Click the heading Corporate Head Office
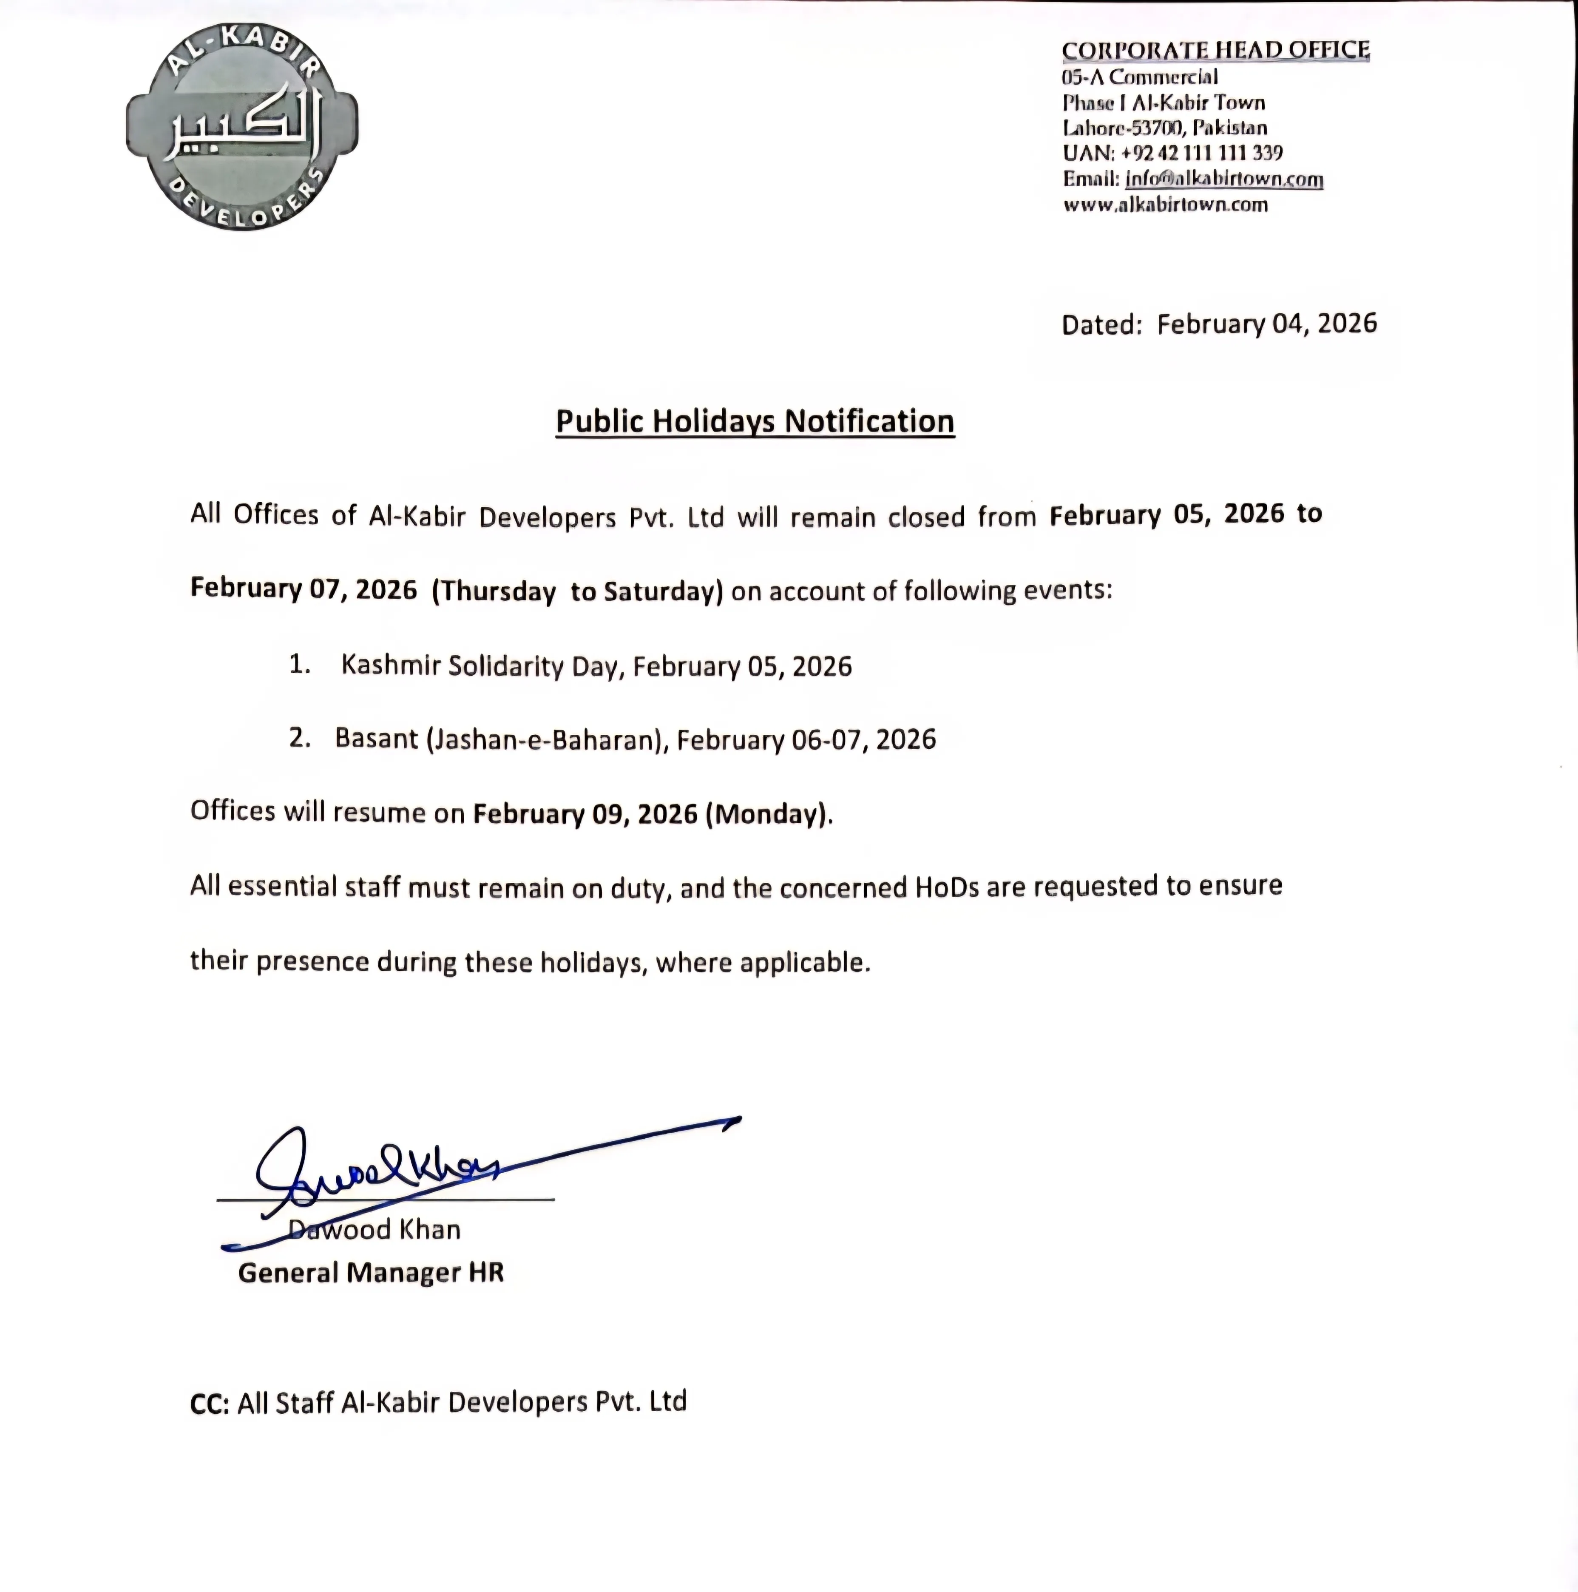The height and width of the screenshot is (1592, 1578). (1215, 50)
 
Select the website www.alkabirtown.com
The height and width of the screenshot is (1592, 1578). (1165, 205)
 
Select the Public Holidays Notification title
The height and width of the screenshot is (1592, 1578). (755, 421)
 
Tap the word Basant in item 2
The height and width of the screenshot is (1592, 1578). (377, 738)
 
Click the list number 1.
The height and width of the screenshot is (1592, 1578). (299, 664)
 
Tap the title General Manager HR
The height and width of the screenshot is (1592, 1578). (371, 1272)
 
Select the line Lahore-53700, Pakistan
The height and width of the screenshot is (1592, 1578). (1164, 128)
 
